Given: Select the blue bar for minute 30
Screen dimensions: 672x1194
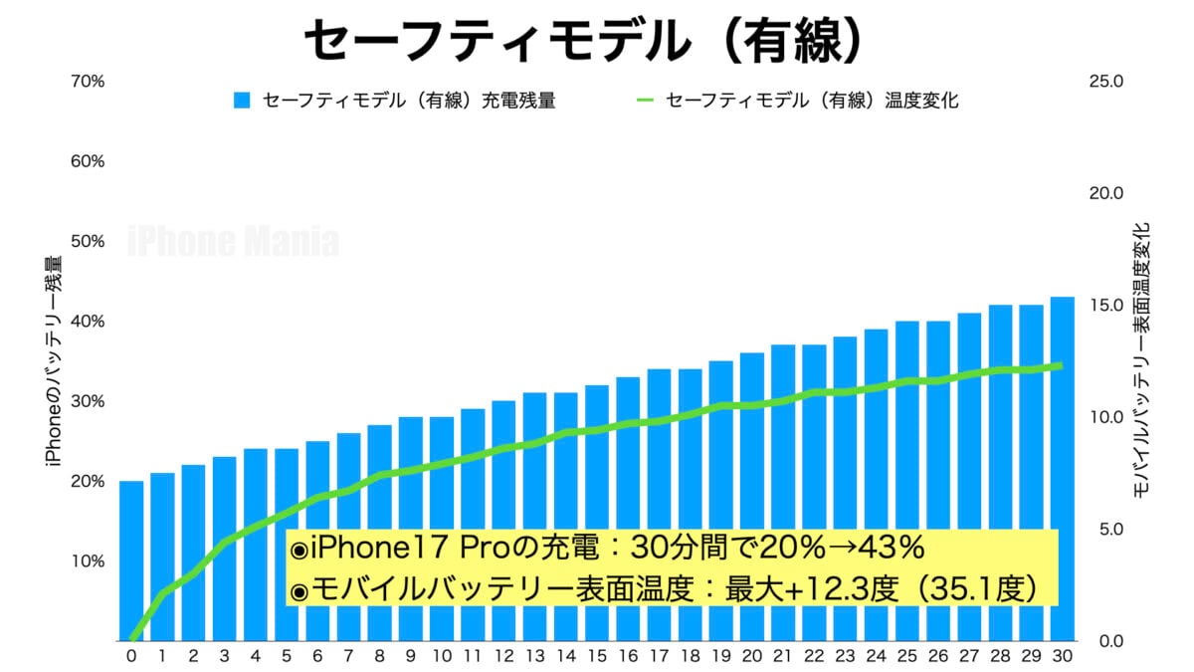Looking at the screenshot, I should coord(1062,468).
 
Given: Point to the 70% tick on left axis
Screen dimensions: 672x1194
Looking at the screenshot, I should coord(89,81).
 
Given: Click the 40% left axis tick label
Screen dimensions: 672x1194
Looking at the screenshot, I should coord(89,322).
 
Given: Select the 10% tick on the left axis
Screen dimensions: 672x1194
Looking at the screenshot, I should coord(89,560).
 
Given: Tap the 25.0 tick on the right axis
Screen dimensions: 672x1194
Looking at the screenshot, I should coord(1105,81).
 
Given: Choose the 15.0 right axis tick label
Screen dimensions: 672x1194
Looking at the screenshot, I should coord(1105,305).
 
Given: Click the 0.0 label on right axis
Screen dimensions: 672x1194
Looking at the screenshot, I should coord(1105,640).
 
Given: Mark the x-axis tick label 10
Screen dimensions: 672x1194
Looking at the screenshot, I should coord(442,656).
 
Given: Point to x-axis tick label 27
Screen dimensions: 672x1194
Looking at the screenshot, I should coord(968,656).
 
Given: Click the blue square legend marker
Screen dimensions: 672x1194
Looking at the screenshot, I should coord(241,101).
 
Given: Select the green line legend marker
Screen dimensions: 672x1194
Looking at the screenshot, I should coord(645,101).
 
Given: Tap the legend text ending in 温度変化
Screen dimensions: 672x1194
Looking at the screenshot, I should coord(812,101).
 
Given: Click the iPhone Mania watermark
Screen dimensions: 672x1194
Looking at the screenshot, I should coord(234,242).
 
